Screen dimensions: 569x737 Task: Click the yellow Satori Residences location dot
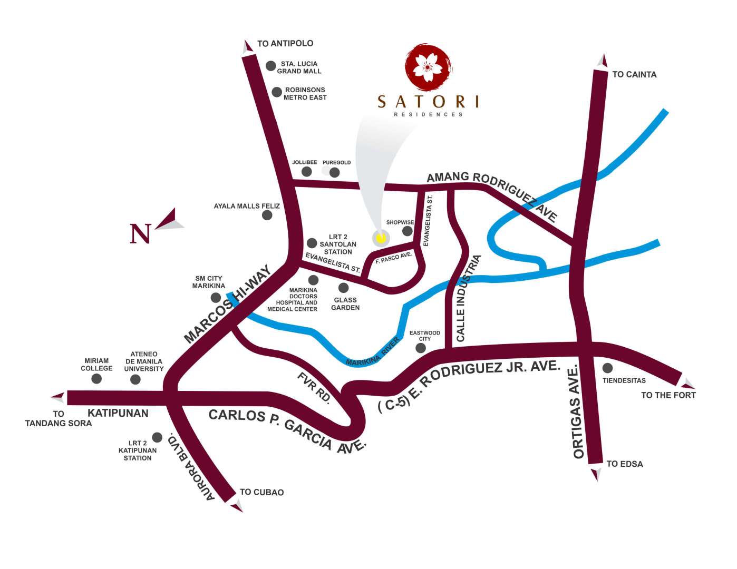pyautogui.click(x=380, y=238)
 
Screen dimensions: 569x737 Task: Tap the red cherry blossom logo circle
pyautogui.click(x=428, y=67)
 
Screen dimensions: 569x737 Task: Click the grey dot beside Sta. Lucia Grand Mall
pyautogui.click(x=271, y=66)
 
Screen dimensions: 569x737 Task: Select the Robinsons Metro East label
pyautogui.click(x=305, y=94)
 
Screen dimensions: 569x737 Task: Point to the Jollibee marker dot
pyautogui.click(x=307, y=172)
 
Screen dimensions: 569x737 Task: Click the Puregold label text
pyautogui.click(x=336, y=162)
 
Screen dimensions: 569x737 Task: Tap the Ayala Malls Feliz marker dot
pyautogui.click(x=267, y=215)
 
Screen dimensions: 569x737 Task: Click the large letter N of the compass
pyautogui.click(x=140, y=233)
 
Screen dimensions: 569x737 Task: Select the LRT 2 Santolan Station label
pyautogui.click(x=338, y=244)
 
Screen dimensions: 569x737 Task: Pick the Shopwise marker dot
pyautogui.click(x=408, y=231)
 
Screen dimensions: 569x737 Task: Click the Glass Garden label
pyautogui.click(x=345, y=304)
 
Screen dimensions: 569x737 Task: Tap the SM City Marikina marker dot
pyautogui.click(x=216, y=298)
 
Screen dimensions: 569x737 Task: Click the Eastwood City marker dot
pyautogui.click(x=421, y=348)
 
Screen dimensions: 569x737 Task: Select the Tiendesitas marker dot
pyautogui.click(x=608, y=368)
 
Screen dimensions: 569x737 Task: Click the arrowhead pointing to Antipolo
pyautogui.click(x=247, y=47)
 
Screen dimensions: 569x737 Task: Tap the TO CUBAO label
pyautogui.click(x=261, y=492)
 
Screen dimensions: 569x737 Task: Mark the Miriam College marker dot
pyautogui.click(x=96, y=379)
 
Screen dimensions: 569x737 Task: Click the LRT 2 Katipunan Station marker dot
pyautogui.click(x=157, y=437)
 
